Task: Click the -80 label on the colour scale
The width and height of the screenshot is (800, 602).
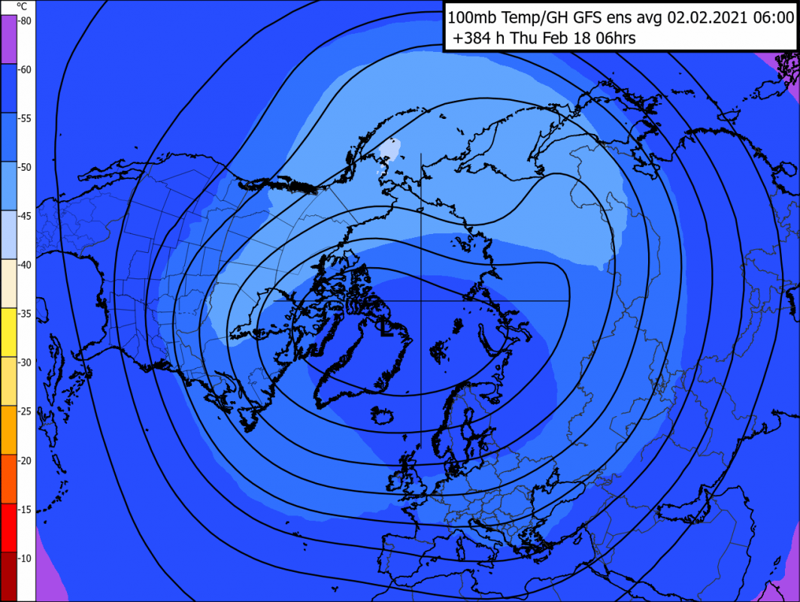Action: (25, 21)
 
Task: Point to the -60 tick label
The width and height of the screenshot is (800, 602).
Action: (25, 70)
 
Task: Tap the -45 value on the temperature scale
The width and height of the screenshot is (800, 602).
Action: (25, 216)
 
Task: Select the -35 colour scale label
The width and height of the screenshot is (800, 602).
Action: (25, 314)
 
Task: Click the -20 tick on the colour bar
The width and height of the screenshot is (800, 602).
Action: (25, 461)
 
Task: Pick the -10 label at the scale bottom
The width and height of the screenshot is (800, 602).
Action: (25, 558)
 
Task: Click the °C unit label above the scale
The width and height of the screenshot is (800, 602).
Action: (22, 6)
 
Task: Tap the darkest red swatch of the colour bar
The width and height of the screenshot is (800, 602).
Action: (8, 576)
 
